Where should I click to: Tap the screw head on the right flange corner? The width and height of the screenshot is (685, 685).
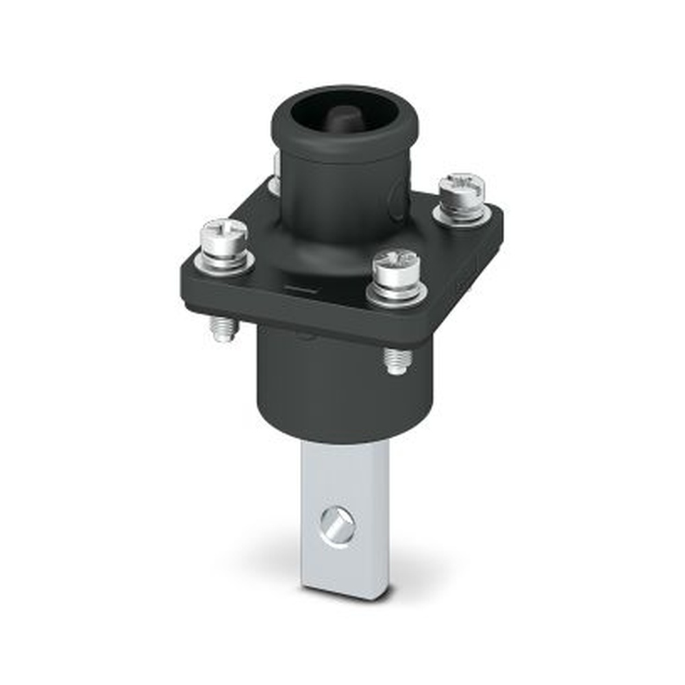(x=462, y=186)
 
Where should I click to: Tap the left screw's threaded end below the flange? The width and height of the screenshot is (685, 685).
(x=223, y=328)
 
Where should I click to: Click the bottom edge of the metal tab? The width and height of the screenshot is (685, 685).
(x=346, y=593)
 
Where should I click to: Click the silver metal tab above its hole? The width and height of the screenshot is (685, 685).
(x=342, y=473)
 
